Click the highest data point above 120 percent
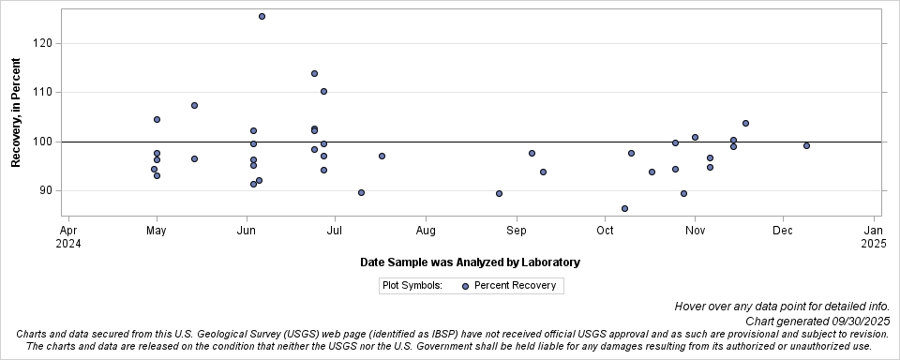[262, 16]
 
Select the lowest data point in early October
[624, 208]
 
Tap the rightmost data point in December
[806, 145]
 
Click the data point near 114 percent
[314, 73]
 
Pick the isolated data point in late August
[499, 193]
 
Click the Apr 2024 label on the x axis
[68, 235]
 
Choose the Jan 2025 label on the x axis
[873, 235]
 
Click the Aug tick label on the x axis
[426, 229]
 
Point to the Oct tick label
[605, 229]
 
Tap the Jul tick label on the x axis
[336, 229]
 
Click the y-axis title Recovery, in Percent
[16, 112]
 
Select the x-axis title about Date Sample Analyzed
[470, 262]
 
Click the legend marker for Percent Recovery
[465, 286]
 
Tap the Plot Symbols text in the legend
[412, 286]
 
